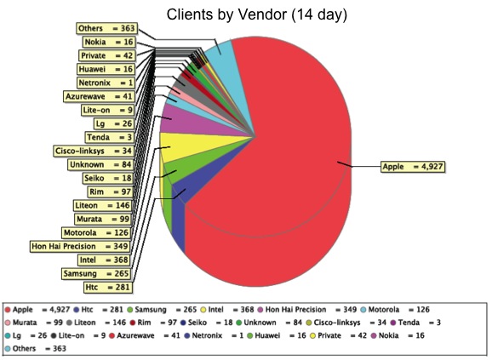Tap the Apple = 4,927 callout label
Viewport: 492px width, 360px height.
click(x=413, y=167)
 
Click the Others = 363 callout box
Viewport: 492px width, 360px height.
click(x=106, y=28)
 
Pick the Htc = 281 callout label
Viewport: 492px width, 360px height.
click(x=107, y=288)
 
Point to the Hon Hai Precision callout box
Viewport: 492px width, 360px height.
click(x=80, y=247)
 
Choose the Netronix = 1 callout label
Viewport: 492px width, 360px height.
click(x=106, y=83)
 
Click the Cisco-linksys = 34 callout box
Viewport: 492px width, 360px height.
click(x=94, y=151)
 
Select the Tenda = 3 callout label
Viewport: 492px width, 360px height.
click(x=109, y=137)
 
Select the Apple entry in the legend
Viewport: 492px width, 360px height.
click(x=37, y=310)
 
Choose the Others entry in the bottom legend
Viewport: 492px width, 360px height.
click(x=36, y=349)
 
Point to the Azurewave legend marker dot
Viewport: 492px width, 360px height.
click(x=112, y=336)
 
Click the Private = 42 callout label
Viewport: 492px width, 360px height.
click(x=107, y=55)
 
